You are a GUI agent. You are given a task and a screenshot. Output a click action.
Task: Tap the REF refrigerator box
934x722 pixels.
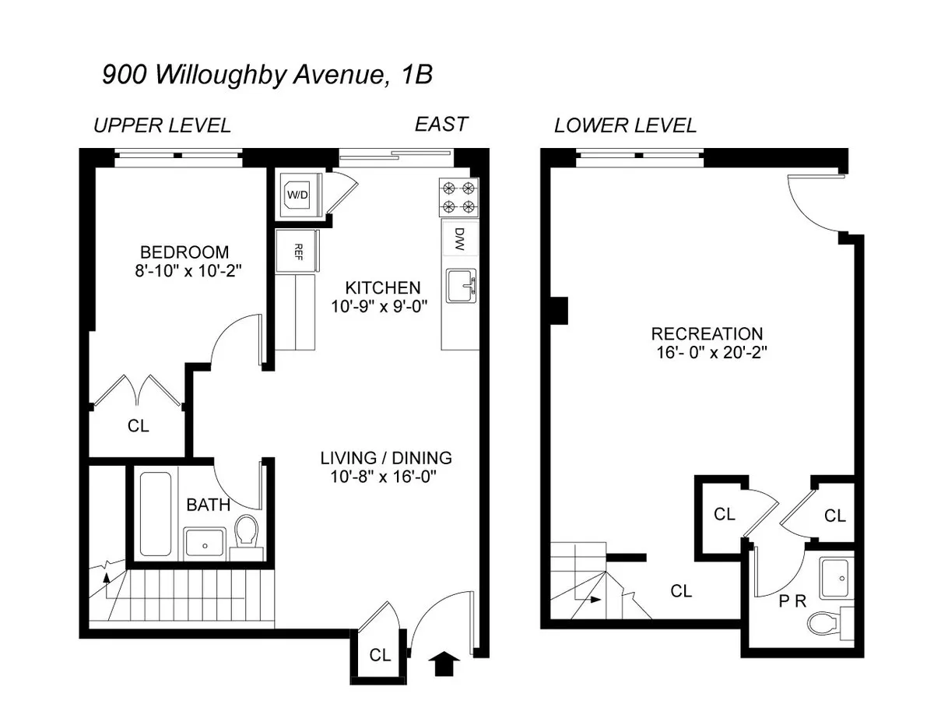(297, 251)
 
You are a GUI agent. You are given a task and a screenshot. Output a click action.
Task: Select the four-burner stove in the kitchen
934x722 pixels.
(458, 197)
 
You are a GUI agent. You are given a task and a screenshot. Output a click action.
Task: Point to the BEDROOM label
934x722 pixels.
(184, 252)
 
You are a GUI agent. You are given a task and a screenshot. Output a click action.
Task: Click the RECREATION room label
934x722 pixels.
(707, 334)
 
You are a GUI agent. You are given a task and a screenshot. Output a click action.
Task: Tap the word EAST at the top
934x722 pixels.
(441, 124)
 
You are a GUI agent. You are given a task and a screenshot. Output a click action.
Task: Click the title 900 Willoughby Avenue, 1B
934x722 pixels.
(267, 75)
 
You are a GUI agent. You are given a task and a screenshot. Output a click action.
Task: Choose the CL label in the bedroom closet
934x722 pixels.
(138, 426)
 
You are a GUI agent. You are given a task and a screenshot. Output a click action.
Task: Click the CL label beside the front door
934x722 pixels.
(380, 655)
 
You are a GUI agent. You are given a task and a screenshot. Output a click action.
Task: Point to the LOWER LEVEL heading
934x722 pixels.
(625, 125)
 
